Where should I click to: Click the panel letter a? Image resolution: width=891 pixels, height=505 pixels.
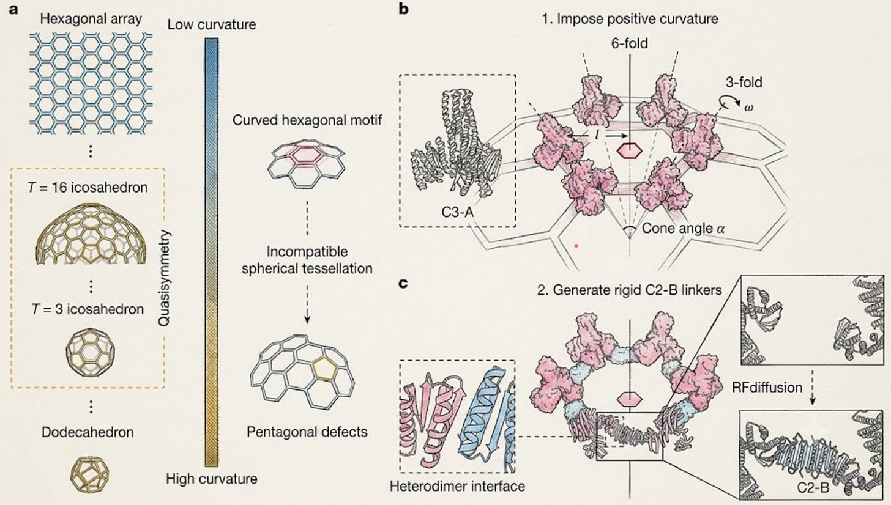point(13,10)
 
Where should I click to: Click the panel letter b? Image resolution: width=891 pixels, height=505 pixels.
point(403,9)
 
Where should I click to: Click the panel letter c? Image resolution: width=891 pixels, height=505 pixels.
point(403,283)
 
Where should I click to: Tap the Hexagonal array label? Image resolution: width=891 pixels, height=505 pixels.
point(91,19)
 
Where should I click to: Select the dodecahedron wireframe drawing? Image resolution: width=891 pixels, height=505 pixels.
point(89,475)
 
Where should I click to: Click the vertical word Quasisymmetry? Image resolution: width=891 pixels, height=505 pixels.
point(164,278)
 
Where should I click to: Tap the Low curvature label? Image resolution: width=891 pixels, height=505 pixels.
point(212,24)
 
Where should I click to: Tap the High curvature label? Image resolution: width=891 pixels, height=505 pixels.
point(212,479)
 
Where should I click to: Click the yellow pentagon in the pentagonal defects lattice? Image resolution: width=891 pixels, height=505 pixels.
point(324,369)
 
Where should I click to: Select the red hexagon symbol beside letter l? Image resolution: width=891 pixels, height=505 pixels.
point(629,151)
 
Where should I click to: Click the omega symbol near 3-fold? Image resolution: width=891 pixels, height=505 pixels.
point(748,107)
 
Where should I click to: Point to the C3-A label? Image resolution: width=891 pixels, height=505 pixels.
point(458,212)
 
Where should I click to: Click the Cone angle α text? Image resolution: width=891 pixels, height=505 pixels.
point(684,229)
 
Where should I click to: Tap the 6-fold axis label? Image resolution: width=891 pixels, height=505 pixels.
point(629,43)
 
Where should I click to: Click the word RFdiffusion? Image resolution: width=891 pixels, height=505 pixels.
point(767,388)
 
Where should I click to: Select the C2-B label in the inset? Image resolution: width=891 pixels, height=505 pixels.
point(813,487)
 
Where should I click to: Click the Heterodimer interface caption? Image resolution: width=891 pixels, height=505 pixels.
point(458,486)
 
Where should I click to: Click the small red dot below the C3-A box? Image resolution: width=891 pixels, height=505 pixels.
point(576,246)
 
